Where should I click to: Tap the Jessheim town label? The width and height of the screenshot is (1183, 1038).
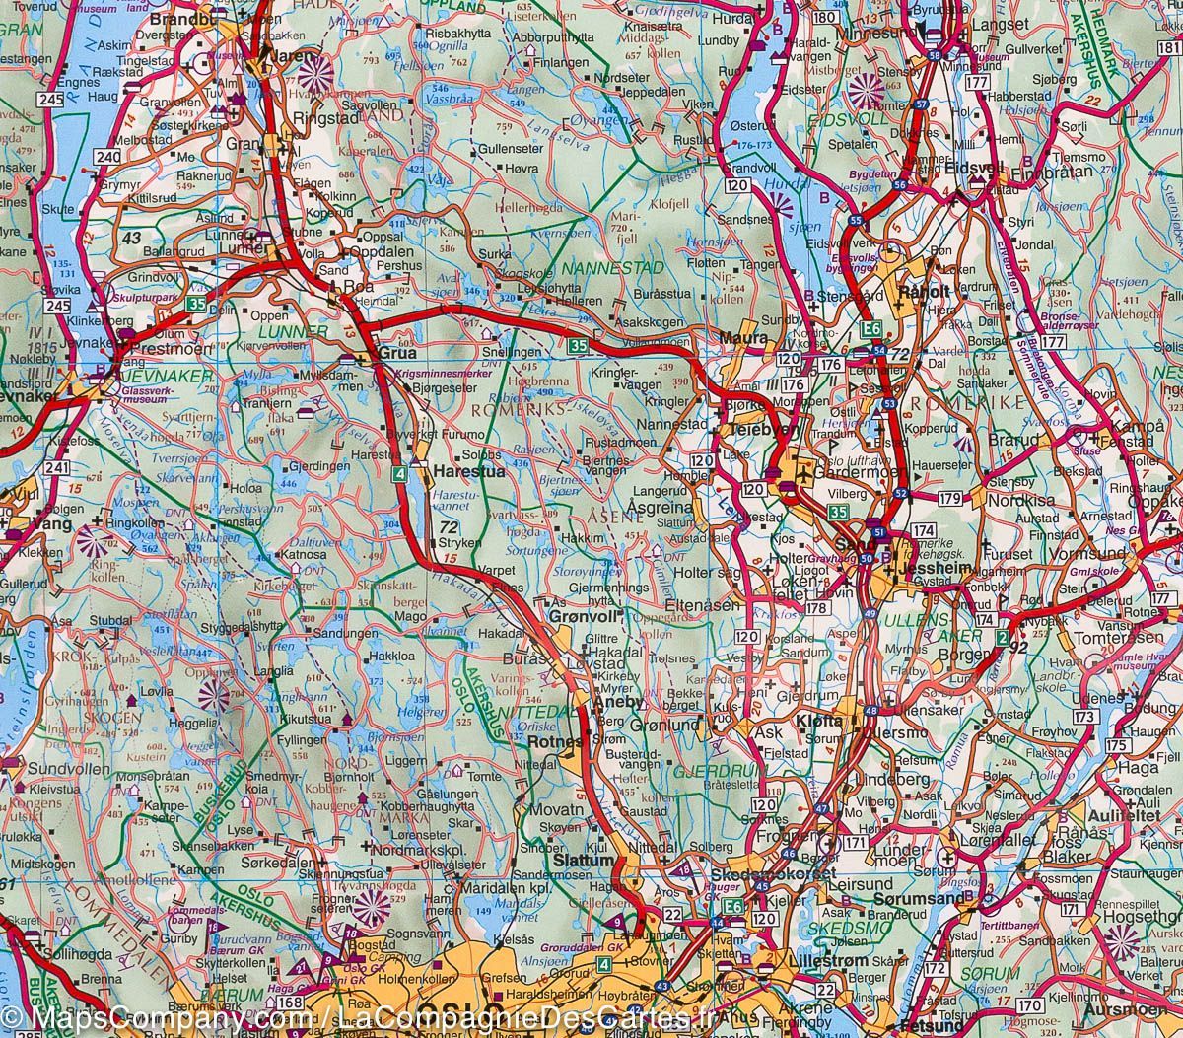(x=938, y=571)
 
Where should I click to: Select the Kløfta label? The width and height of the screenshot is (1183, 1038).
(x=819, y=721)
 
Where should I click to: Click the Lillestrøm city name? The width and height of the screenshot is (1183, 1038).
(x=828, y=959)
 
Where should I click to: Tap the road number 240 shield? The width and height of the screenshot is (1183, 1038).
(x=107, y=157)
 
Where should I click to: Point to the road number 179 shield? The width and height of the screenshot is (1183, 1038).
(x=949, y=499)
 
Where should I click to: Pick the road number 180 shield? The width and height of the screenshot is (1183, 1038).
(x=827, y=18)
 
